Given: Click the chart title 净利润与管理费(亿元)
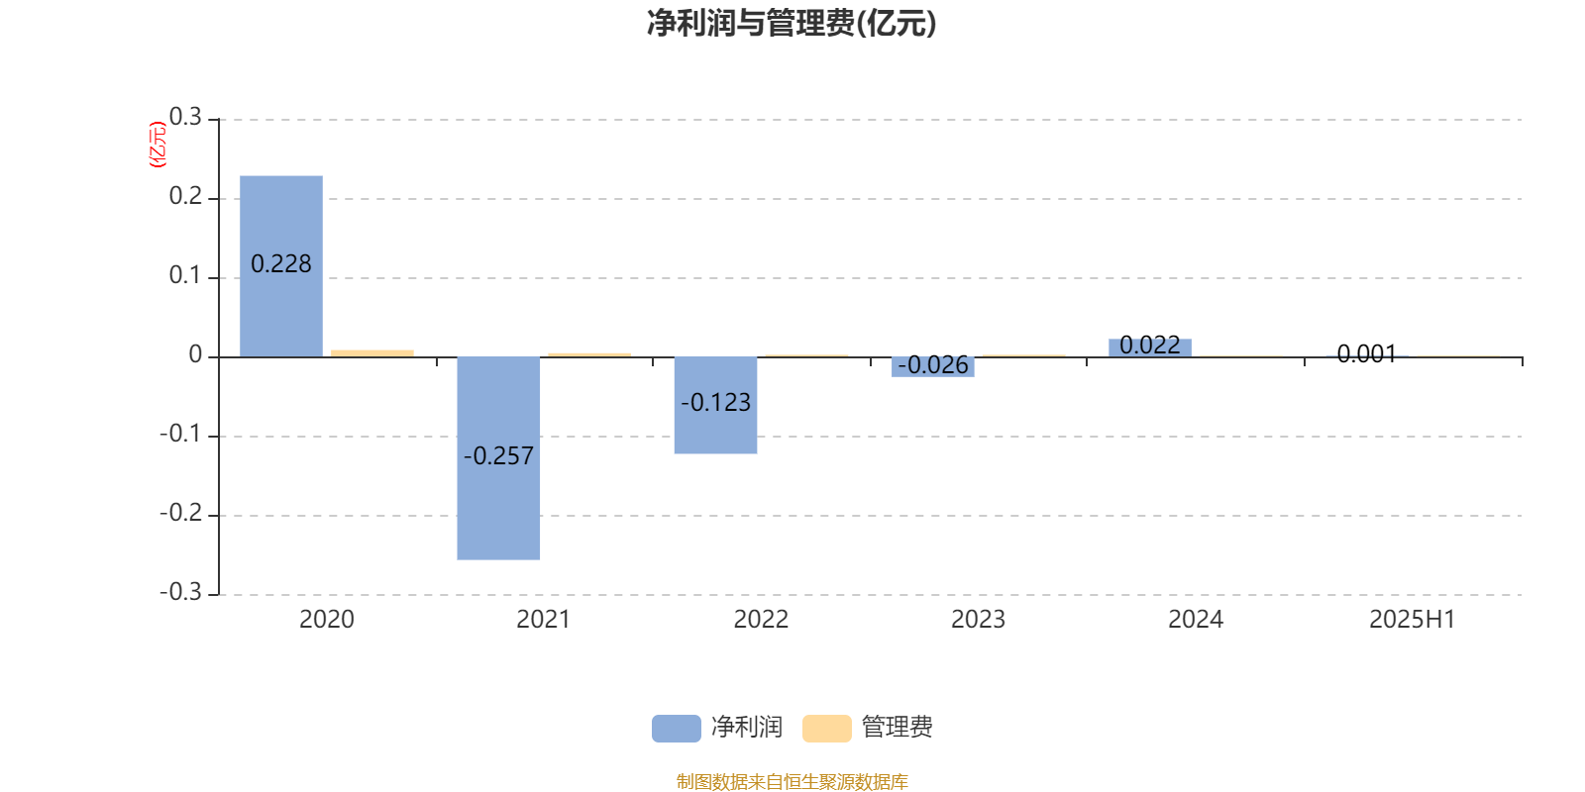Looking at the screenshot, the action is tap(792, 24).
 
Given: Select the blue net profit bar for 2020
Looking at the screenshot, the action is tap(281, 266).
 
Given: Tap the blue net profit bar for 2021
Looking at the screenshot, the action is tap(498, 458).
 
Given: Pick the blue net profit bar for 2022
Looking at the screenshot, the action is tap(715, 405).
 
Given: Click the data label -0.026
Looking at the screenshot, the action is tap(932, 365).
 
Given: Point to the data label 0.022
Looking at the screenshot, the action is tap(1150, 346).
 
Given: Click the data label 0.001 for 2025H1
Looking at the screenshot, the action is tap(1367, 353).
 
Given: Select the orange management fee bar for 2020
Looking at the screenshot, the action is tap(372, 353).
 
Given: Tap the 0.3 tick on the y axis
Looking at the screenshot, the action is tap(185, 117).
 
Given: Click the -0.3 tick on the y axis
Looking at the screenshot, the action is tap(181, 592).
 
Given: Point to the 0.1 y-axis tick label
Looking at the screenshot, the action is tap(185, 275).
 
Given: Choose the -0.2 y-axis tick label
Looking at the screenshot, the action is tap(181, 513).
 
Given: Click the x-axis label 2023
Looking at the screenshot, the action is tap(978, 620).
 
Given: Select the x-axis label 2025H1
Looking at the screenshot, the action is tap(1413, 620).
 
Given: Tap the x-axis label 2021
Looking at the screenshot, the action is tap(544, 620).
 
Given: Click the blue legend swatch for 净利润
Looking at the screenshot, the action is tap(677, 729).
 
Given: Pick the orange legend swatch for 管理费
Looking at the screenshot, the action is tap(826, 729).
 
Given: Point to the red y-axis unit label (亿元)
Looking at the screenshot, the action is tap(158, 145).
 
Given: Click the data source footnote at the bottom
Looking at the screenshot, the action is tap(792, 781).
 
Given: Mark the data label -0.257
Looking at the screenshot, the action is tap(498, 456).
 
